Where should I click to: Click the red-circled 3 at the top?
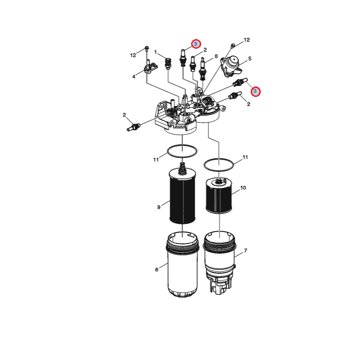[196, 44]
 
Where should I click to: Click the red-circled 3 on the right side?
[255, 91]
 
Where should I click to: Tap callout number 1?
[156, 52]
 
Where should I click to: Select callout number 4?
[134, 76]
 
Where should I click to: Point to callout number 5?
[250, 59]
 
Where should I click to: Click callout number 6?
[157, 269]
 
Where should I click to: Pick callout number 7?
[246, 251]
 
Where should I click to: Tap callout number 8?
[216, 56]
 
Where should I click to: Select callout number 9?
[159, 207]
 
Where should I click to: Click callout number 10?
[243, 188]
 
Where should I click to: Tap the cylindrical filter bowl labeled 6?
[182, 265]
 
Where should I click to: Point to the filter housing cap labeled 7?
[219, 263]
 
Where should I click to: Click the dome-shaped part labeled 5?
[231, 66]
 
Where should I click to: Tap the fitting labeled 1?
[168, 63]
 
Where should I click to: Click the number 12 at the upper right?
[247, 40]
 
